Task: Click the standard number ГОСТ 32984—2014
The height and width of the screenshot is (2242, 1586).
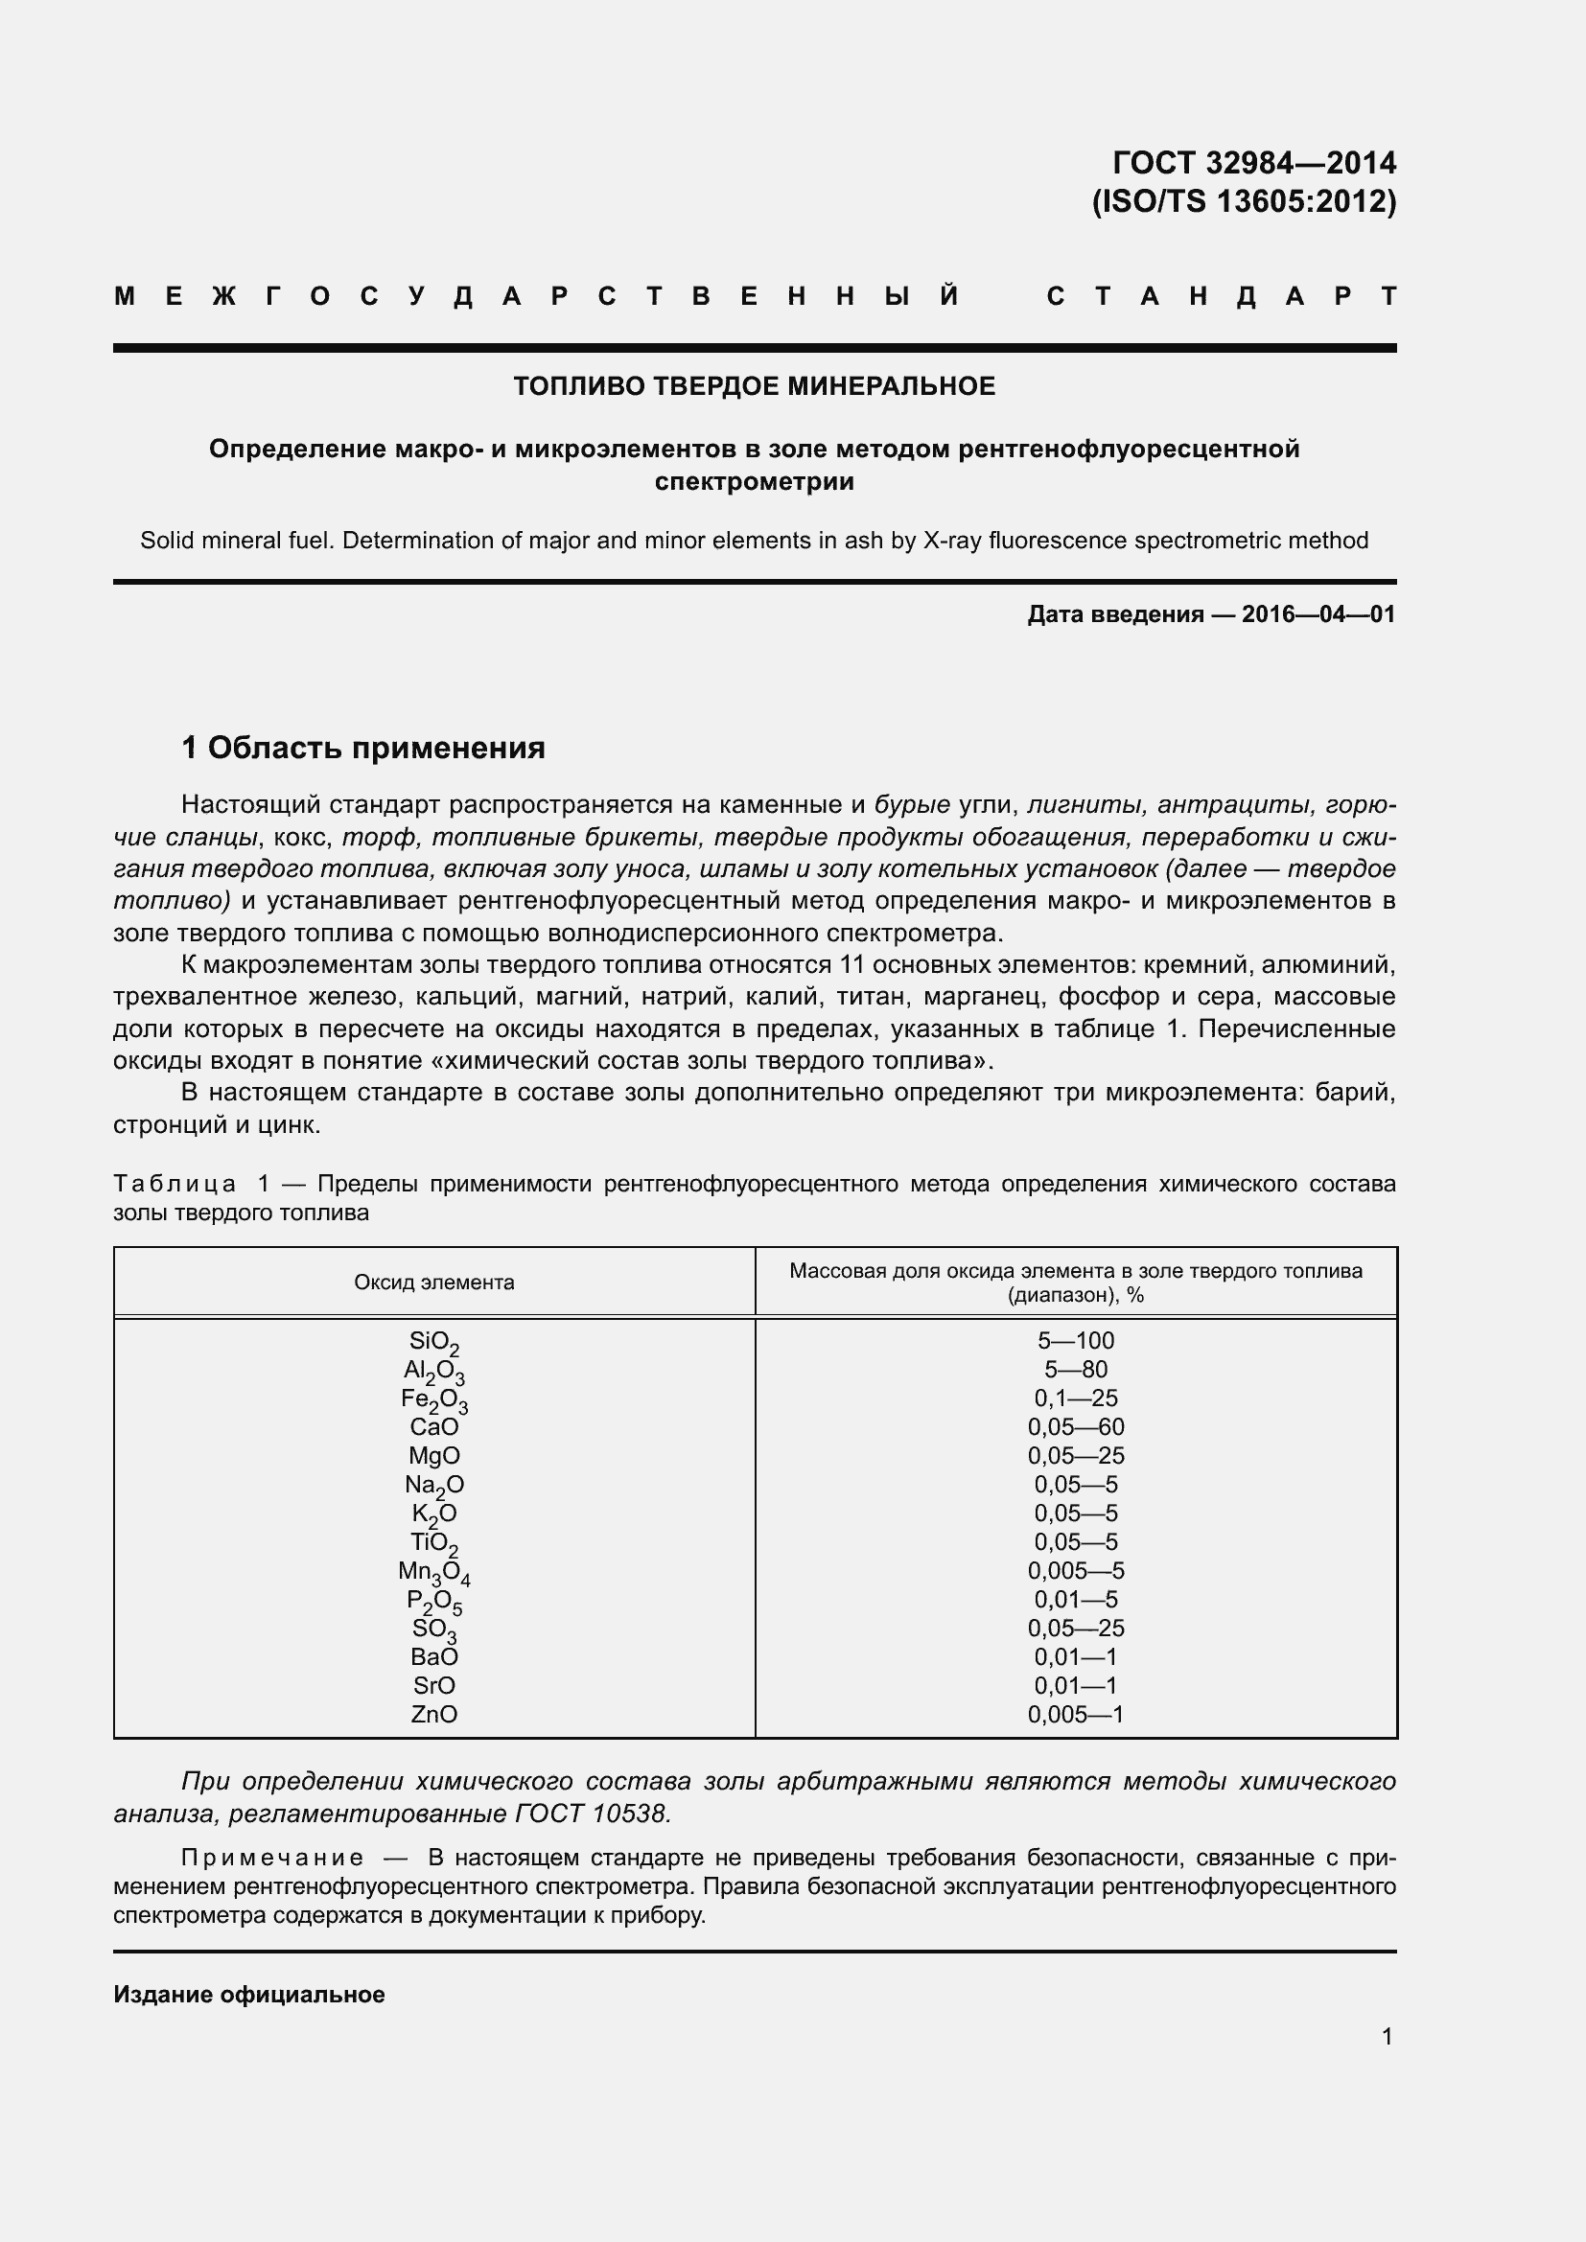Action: pos(1253,162)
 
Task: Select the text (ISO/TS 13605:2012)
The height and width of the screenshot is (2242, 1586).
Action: pos(1244,201)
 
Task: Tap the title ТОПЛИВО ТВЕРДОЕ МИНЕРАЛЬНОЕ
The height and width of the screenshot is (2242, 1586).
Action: pos(754,386)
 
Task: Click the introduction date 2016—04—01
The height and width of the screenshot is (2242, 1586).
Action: pos(1318,614)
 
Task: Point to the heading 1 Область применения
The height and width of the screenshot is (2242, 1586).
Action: pos(363,748)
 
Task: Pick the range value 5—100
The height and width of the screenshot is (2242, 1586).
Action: pos(1075,1341)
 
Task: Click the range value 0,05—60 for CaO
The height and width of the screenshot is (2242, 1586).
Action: pos(1075,1426)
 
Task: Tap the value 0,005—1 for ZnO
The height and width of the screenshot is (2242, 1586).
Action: pos(1075,1714)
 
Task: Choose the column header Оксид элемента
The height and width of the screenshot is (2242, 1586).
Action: pos(433,1283)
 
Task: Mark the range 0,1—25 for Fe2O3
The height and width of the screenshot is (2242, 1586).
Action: pos(1075,1398)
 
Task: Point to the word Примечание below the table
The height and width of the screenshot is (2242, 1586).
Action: pos(272,1858)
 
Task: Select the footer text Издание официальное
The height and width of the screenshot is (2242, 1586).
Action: pos(249,1994)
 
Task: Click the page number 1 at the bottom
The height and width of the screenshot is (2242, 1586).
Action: pos(1387,2036)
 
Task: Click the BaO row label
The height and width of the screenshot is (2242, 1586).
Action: pos(433,1657)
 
